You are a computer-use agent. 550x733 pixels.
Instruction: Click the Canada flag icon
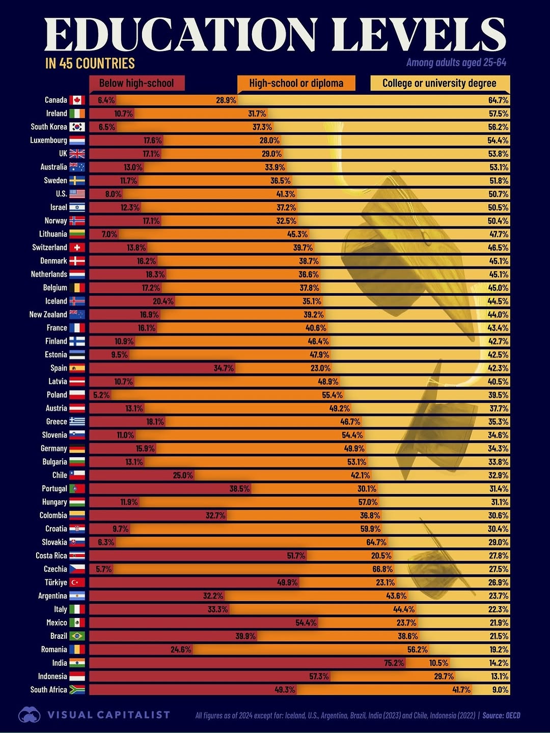(77, 100)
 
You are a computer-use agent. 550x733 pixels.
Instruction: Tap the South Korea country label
(49, 127)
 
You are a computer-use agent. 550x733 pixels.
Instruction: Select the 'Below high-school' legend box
(136, 83)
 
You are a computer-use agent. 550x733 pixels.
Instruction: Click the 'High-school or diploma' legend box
(296, 83)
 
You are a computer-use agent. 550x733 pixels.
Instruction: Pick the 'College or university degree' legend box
(439, 83)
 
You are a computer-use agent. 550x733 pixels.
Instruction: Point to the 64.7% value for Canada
(498, 100)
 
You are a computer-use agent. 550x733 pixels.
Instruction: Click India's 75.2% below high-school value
(394, 663)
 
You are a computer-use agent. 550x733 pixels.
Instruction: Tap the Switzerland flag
(77, 247)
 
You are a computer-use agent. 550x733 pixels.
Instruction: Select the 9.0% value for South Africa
(500, 690)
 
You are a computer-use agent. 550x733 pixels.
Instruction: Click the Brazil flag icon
(77, 636)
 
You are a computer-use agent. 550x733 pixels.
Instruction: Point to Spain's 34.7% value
(224, 368)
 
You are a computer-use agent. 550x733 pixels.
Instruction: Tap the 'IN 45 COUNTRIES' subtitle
(90, 64)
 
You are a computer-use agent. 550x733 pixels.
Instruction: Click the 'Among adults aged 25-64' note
(456, 63)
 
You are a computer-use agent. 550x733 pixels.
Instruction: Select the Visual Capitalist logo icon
(30, 715)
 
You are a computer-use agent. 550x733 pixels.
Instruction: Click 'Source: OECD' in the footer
(501, 716)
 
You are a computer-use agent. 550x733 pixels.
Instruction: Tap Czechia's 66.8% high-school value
(382, 569)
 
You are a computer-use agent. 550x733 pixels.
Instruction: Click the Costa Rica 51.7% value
(296, 556)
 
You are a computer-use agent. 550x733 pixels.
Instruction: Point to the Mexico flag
(77, 623)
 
